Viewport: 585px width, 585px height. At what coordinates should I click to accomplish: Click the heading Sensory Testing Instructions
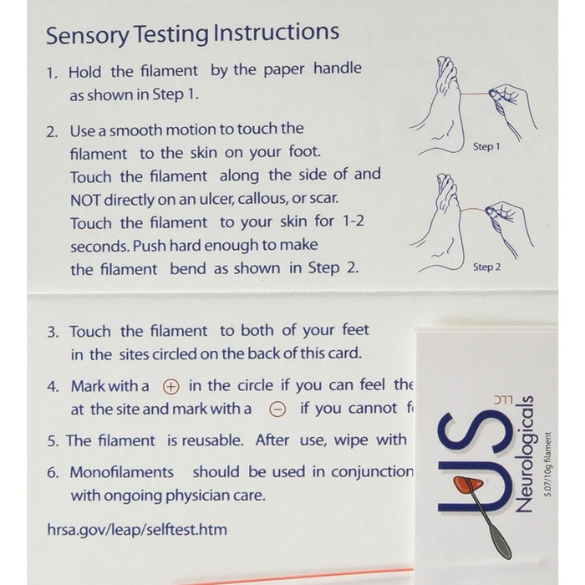click(x=192, y=34)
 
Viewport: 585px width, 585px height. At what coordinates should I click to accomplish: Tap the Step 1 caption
click(x=486, y=147)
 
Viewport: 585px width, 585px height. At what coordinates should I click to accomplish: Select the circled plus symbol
click(x=170, y=386)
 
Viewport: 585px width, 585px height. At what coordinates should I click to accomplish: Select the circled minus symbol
click(x=278, y=409)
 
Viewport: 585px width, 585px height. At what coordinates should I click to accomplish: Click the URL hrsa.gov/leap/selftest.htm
click(x=136, y=530)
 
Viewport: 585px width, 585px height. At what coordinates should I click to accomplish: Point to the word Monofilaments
click(x=121, y=472)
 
